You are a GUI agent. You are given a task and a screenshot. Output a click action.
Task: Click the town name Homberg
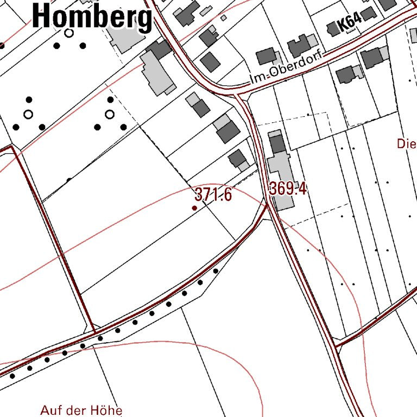(x=92, y=16)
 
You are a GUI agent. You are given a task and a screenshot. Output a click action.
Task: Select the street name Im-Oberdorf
(x=286, y=68)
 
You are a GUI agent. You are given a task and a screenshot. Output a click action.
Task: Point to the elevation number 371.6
(x=213, y=194)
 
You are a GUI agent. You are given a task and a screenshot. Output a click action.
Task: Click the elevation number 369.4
(x=288, y=189)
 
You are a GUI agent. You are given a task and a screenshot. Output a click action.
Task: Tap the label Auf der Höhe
(x=81, y=410)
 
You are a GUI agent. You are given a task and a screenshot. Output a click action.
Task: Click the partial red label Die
(x=406, y=144)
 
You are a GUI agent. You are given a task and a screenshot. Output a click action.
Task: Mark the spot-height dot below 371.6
(x=195, y=207)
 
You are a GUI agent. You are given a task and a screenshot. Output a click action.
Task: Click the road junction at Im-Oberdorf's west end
(x=239, y=94)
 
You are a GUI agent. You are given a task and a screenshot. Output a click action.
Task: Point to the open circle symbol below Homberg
(x=69, y=33)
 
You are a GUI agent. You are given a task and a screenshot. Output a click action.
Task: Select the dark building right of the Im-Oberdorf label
(x=345, y=74)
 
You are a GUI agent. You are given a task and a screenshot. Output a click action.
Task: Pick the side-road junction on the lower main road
(x=337, y=344)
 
